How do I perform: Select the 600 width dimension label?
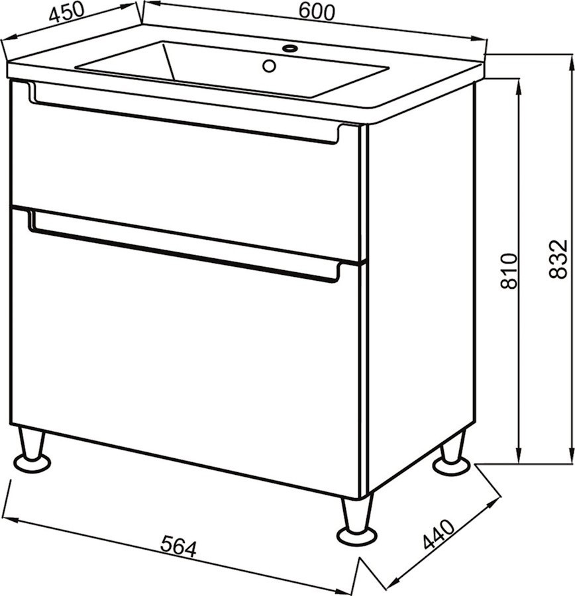click(x=317, y=12)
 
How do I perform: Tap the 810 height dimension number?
click(x=509, y=271)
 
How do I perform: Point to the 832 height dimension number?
click(x=558, y=259)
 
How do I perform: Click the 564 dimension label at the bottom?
click(x=178, y=546)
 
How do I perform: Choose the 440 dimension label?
click(x=439, y=534)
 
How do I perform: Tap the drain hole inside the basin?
click(x=269, y=66)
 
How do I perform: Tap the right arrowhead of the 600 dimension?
click(x=479, y=39)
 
